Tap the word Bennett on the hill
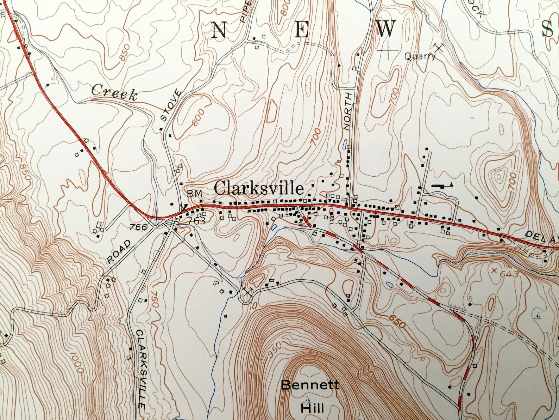(310, 385)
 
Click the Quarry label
(420, 56)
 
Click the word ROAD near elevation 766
(119, 251)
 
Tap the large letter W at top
(387, 28)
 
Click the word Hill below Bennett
(312, 408)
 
